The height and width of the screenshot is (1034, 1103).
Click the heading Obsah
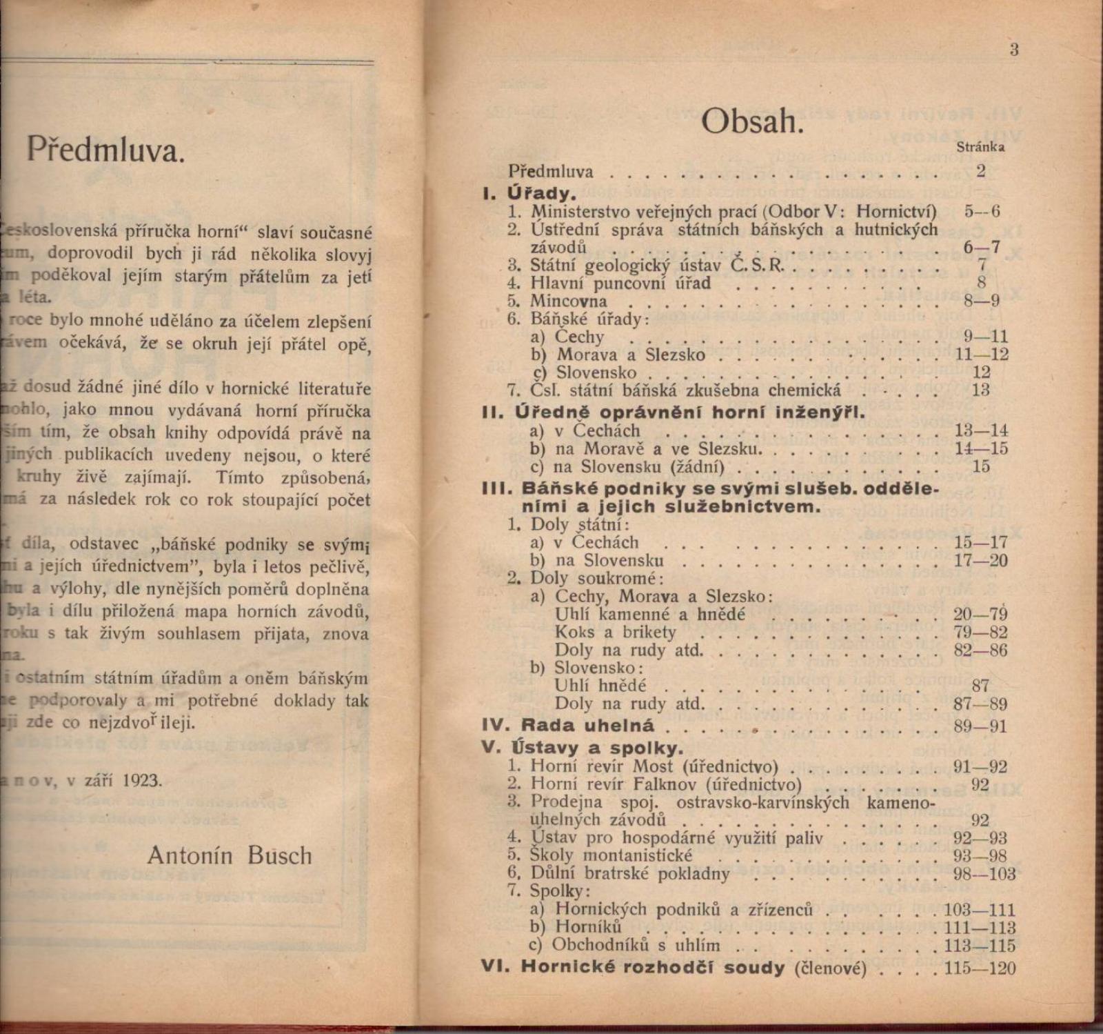point(752,123)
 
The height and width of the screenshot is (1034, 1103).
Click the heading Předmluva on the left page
point(106,150)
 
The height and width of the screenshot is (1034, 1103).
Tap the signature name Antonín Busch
point(230,855)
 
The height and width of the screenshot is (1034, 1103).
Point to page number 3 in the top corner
point(1013,50)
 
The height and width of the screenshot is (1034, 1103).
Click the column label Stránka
point(980,147)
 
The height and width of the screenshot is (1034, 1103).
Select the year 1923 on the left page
point(142,780)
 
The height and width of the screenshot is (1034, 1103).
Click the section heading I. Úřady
point(528,192)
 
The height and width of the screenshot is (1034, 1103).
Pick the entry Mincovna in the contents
point(568,301)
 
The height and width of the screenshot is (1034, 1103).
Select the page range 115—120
point(980,968)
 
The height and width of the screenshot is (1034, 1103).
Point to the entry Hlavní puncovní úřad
point(620,284)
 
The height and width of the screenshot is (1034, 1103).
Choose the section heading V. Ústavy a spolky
point(582,748)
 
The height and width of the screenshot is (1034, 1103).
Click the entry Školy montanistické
point(611,855)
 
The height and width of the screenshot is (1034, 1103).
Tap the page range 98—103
point(984,874)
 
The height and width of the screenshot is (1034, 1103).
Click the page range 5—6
point(982,212)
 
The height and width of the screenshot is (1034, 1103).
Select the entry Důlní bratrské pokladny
point(629,874)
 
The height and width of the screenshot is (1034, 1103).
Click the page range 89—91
point(980,726)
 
